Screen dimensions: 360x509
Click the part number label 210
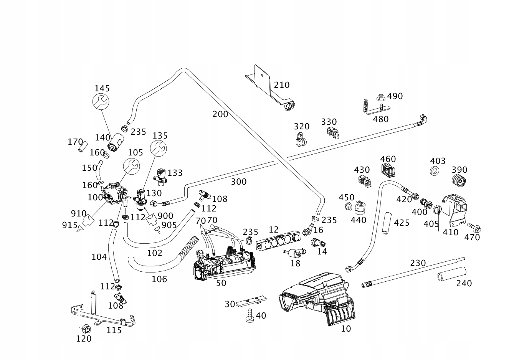(281, 85)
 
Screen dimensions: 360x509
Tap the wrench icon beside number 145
(101, 101)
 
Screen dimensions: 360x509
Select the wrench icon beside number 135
(158, 148)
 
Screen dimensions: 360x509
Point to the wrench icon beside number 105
(131, 165)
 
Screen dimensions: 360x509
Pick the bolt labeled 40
(250, 316)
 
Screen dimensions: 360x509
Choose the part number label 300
(239, 182)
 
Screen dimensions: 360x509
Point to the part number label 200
(220, 114)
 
